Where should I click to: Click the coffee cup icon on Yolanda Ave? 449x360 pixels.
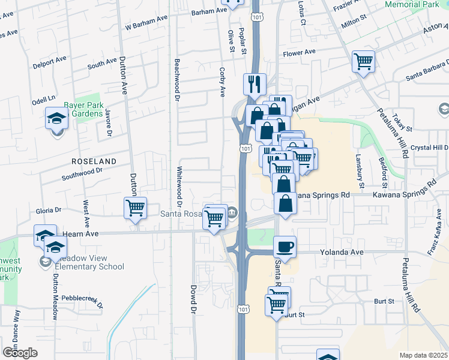click(285, 246)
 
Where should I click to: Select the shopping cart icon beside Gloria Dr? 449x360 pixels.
click(136, 208)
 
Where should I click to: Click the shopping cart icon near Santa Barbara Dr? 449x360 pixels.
click(363, 61)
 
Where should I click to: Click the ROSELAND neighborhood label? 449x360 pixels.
click(93, 161)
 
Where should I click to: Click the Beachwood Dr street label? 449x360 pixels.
click(177, 78)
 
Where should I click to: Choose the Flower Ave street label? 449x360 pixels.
click(300, 52)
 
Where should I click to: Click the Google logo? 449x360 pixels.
click(20, 353)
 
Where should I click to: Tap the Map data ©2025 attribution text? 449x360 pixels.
click(423, 355)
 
